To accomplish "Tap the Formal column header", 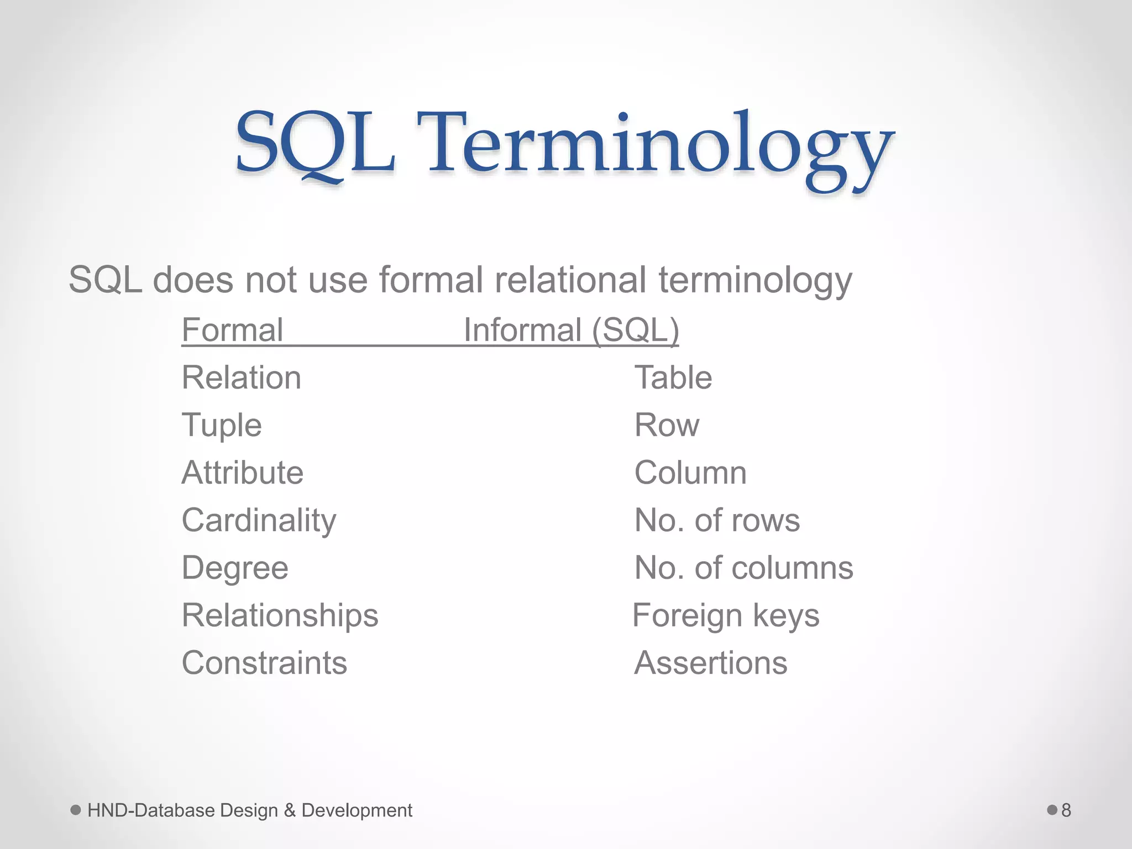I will (x=232, y=331).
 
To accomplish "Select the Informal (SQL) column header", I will (x=571, y=331).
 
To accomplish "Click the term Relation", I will (x=242, y=378).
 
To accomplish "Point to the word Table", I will (x=673, y=378).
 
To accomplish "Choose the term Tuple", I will (x=222, y=426).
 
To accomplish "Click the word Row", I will (x=667, y=426).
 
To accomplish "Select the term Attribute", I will (x=243, y=473).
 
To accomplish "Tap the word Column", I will (x=690, y=473).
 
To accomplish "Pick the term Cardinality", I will (x=259, y=521).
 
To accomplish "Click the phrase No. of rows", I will (x=717, y=521).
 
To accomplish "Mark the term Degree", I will (x=235, y=568).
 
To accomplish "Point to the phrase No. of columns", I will (x=743, y=568).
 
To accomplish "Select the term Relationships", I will (x=280, y=616).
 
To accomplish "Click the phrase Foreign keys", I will (x=726, y=616).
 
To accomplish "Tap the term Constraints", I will (x=264, y=663).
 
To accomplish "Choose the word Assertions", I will (x=710, y=663).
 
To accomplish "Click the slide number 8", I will (x=1066, y=810).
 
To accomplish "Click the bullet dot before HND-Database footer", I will (x=76, y=810).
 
